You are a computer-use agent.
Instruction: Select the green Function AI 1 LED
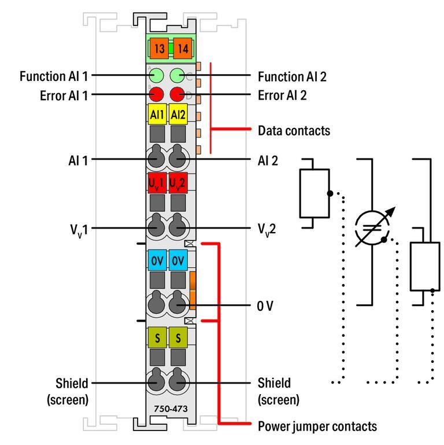click(x=157, y=75)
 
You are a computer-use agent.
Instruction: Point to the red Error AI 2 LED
click(x=177, y=93)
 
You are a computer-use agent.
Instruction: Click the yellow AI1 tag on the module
click(x=157, y=115)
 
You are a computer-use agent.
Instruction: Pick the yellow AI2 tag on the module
click(x=177, y=115)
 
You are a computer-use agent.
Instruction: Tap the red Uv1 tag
click(x=157, y=182)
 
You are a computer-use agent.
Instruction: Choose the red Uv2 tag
click(x=177, y=182)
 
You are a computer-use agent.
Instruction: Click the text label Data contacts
click(x=294, y=130)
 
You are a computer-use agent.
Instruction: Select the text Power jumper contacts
click(x=317, y=426)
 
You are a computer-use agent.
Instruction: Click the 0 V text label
click(x=266, y=305)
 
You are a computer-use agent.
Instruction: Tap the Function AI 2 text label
click(x=292, y=76)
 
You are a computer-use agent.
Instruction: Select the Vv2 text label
click(x=267, y=229)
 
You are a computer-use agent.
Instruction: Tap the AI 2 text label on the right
click(x=267, y=160)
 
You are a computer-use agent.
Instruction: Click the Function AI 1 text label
click(x=54, y=76)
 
